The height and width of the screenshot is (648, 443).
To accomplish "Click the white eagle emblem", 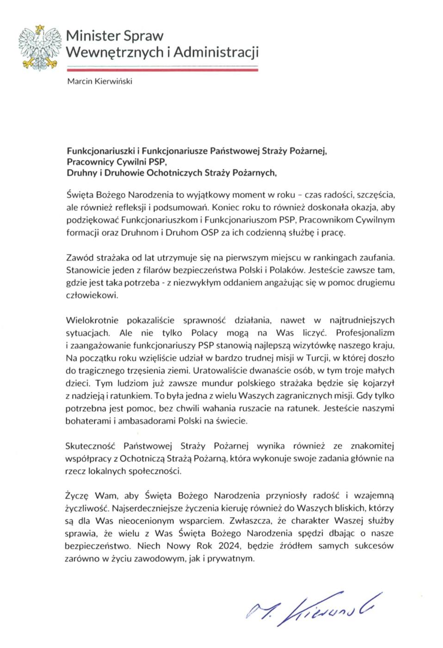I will [x=40, y=48].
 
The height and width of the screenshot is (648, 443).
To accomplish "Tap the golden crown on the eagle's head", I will [x=40, y=29].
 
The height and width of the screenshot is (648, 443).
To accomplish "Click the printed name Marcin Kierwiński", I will [x=100, y=81].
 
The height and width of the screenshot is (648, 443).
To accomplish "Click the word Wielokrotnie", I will [x=92, y=320].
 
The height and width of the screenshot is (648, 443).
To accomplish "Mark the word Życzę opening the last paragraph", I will [x=77, y=495].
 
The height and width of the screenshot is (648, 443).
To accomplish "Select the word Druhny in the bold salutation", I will [x=81, y=173].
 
